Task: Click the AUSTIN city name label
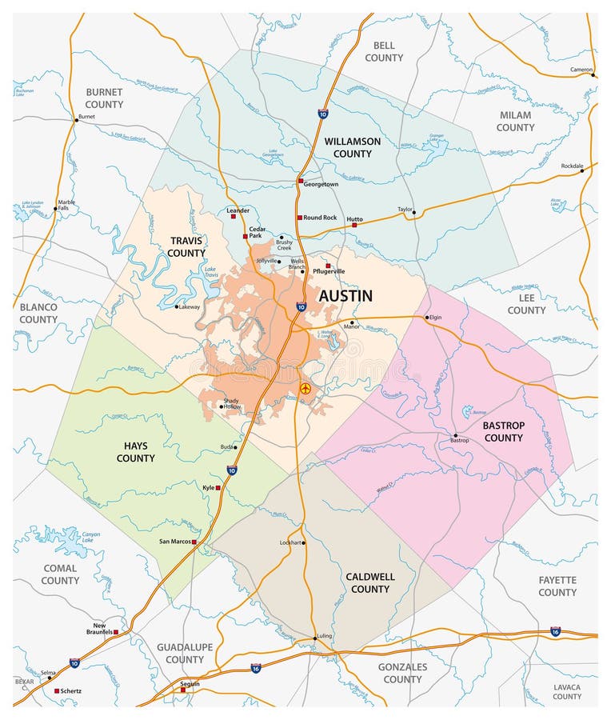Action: coord(345,296)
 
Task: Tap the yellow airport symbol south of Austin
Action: coord(305,388)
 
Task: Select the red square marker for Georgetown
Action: coord(301,182)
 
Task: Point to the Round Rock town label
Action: coord(320,218)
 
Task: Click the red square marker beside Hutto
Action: coord(354,226)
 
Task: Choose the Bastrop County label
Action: coord(503,432)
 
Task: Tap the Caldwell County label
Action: coord(369,582)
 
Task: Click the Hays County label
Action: coord(136,452)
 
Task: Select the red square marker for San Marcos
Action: coord(194,542)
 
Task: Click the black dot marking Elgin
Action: coord(427,317)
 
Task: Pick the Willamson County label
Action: coord(352,147)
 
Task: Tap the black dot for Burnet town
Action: coord(77,120)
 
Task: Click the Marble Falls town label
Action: coord(66,206)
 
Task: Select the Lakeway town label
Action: coord(190,306)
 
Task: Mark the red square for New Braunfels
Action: coord(116,632)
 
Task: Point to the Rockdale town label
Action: coord(572,166)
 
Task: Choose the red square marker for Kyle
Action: coord(218,487)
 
